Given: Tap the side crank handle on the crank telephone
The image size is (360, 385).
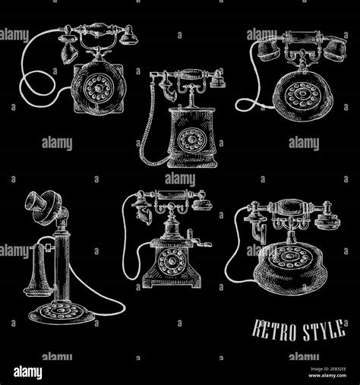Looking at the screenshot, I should [199, 241].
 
